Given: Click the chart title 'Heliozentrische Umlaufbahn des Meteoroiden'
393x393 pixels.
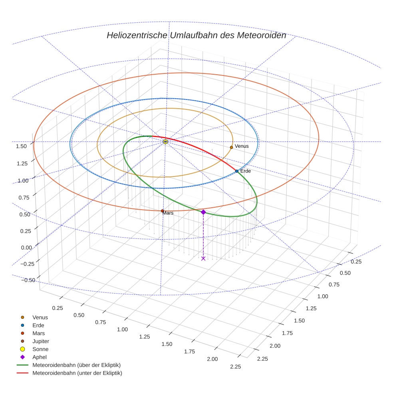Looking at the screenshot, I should [x=196, y=35].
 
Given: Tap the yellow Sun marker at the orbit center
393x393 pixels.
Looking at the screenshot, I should [x=165, y=142].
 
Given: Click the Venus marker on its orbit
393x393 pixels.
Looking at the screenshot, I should [x=231, y=147].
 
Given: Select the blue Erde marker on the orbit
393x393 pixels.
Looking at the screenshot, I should [x=237, y=171].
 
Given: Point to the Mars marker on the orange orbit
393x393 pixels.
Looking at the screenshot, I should [x=162, y=211].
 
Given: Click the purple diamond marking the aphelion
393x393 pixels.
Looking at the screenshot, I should [x=203, y=212].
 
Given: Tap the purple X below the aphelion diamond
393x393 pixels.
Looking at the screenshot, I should [x=203, y=258].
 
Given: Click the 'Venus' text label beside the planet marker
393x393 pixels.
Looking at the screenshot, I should [x=242, y=146].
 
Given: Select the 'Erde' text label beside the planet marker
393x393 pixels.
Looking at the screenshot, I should [x=246, y=171].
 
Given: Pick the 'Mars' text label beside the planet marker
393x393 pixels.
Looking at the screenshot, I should [x=168, y=213].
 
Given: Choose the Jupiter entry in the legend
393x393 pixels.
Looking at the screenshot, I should [x=40, y=341].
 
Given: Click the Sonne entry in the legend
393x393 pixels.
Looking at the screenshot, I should [x=40, y=349].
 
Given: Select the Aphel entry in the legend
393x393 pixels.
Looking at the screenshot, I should [x=40, y=357].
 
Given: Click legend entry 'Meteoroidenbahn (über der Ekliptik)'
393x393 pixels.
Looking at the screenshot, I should [x=76, y=365].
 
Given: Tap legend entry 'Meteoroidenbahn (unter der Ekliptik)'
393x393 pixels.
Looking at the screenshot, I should [x=77, y=373].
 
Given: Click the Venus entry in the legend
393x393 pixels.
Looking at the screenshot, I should [x=40, y=317].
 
